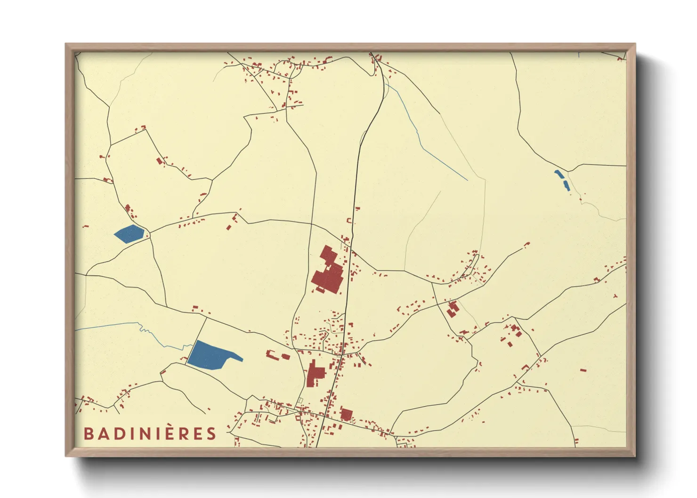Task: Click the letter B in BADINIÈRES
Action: [89, 434]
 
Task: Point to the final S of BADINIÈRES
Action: [211, 434]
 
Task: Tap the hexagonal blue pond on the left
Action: [129, 233]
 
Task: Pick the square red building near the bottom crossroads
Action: [347, 415]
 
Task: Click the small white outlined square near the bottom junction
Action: [300, 401]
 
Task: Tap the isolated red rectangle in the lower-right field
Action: [583, 370]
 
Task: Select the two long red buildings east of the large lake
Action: [278, 355]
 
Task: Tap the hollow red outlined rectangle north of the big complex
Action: [349, 220]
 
